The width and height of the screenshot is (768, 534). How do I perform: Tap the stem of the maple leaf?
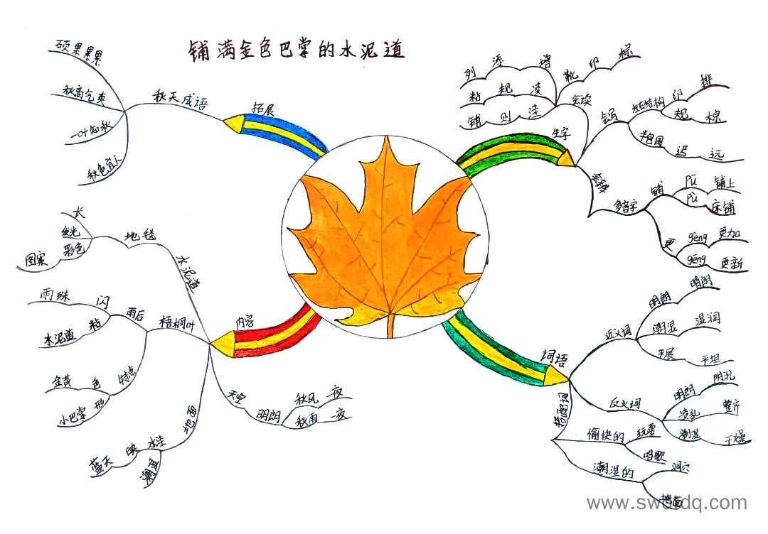coord(390,325)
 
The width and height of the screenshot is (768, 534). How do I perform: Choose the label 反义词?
coord(624,403)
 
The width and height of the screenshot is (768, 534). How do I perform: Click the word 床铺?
coord(722,207)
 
